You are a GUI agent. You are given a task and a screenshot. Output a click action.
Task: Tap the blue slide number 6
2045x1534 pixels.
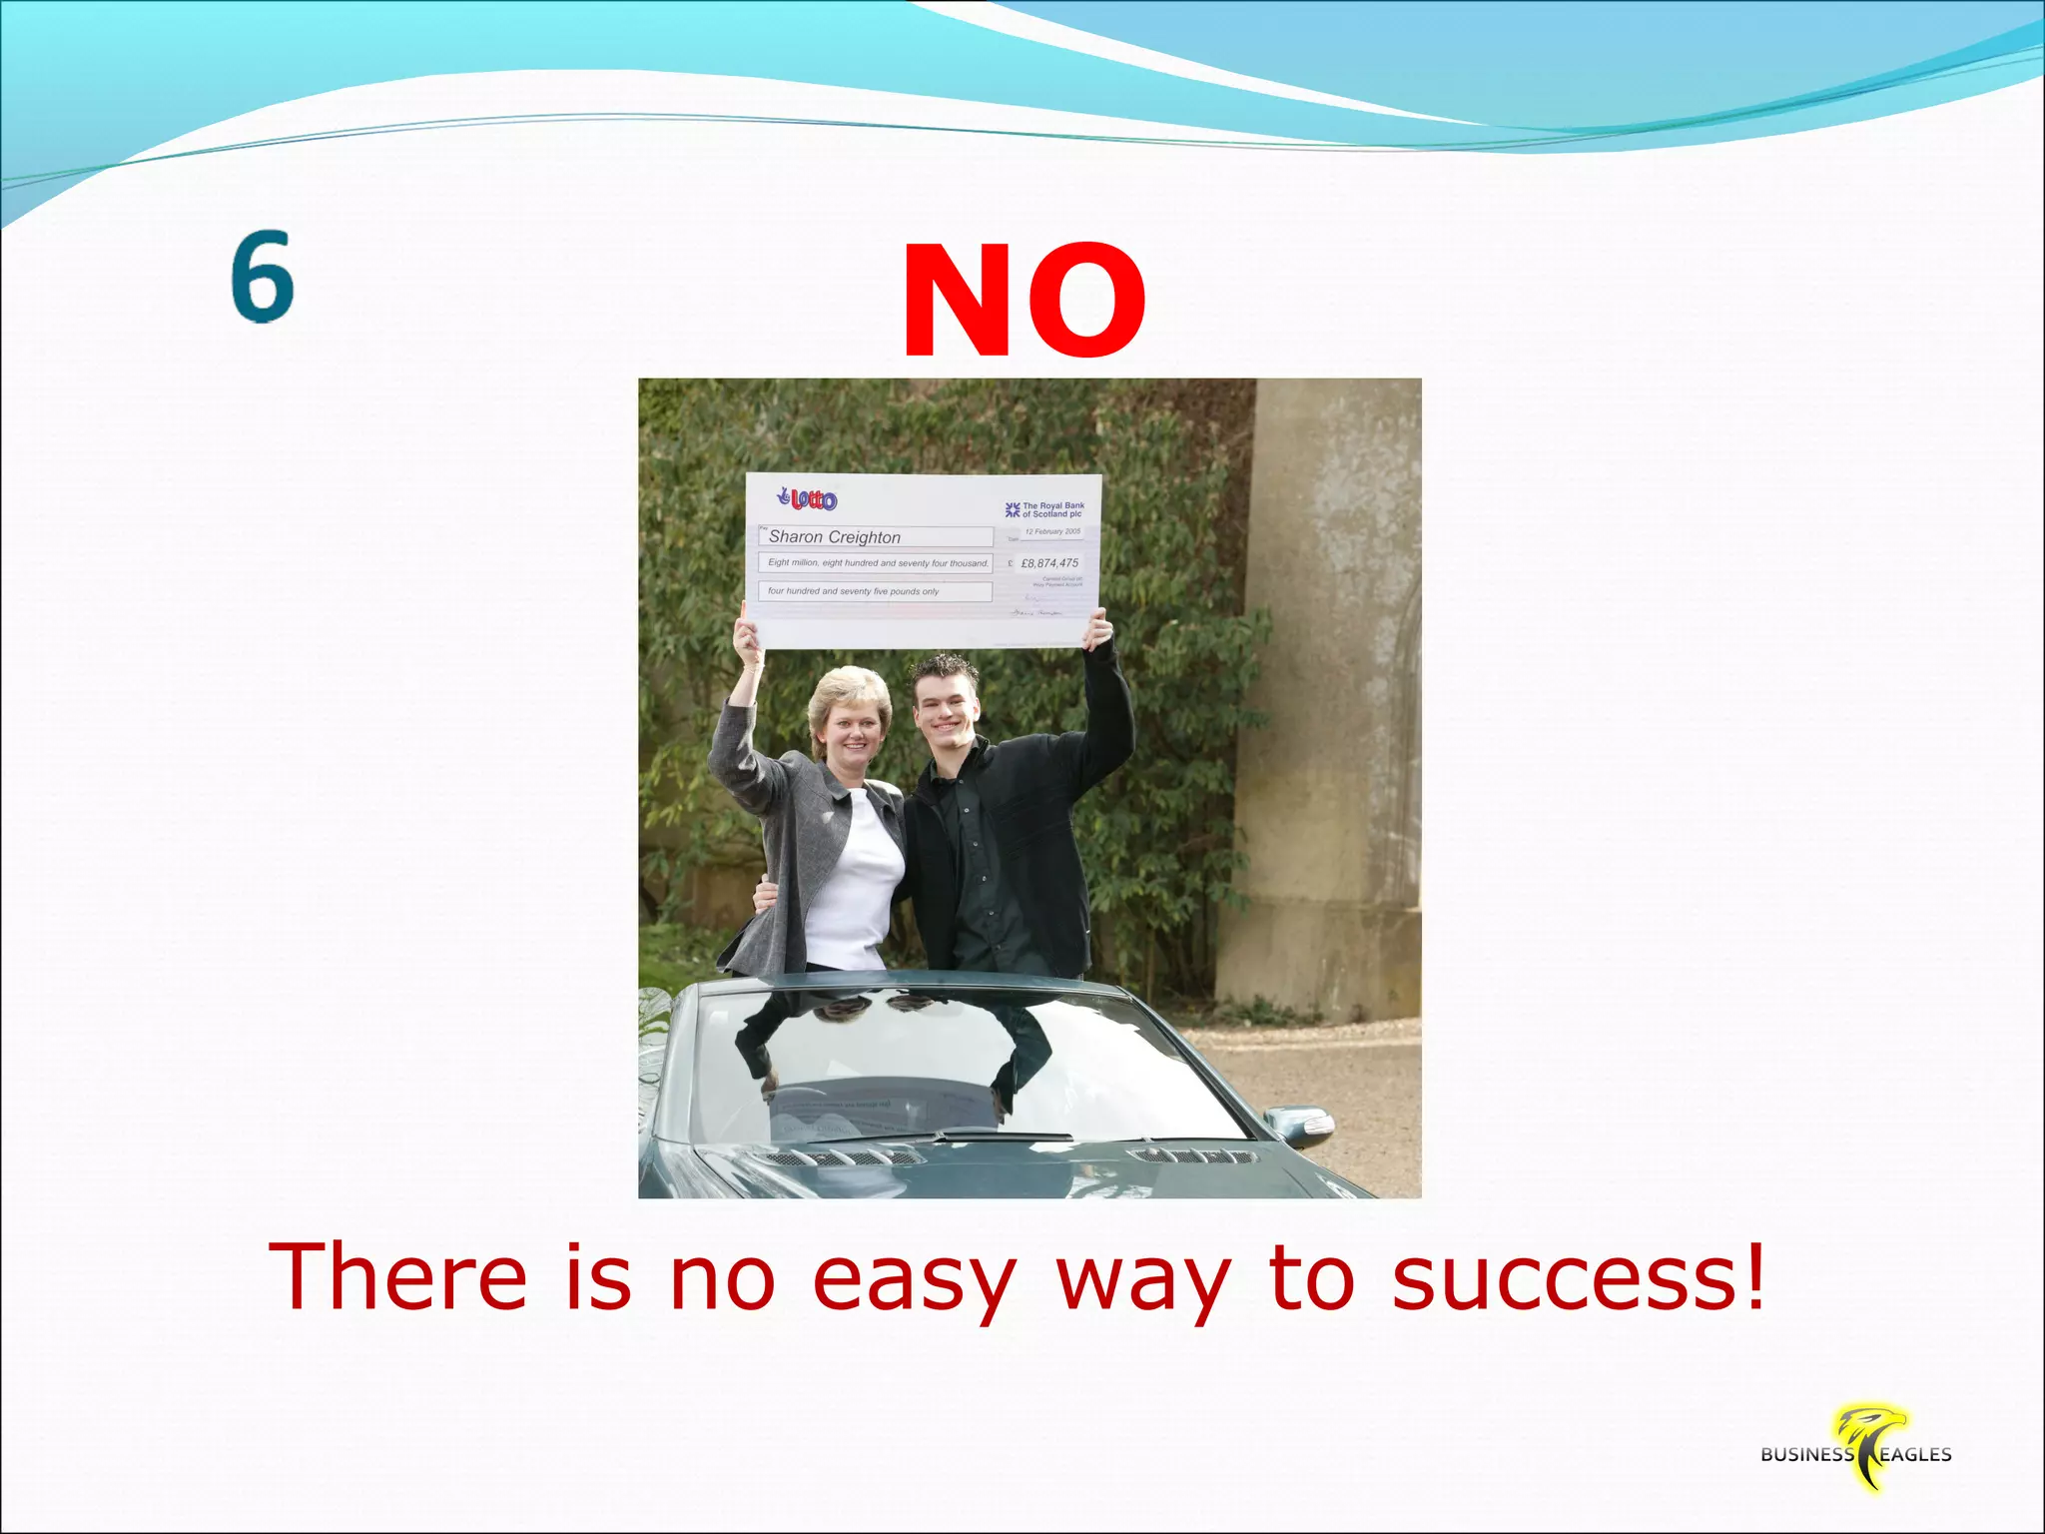263,277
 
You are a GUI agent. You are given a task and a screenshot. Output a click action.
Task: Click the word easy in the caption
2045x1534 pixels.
914,1280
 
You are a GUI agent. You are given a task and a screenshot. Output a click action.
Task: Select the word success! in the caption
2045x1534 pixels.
1578,1278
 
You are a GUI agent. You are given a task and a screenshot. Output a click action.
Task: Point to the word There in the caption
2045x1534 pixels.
397,1278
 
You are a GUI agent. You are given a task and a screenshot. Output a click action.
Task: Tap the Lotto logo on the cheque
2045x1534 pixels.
808,499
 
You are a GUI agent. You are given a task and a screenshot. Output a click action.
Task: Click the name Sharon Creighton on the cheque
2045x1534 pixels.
835,537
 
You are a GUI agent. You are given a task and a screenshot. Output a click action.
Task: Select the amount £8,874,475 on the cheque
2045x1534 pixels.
1048,563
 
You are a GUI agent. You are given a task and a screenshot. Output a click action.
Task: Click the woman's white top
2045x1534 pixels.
855,879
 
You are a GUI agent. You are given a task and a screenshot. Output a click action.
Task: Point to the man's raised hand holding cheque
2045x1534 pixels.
1097,629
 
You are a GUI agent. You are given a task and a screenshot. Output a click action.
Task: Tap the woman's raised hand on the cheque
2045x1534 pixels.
747,634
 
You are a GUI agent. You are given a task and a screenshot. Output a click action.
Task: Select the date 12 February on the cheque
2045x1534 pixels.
1052,531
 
